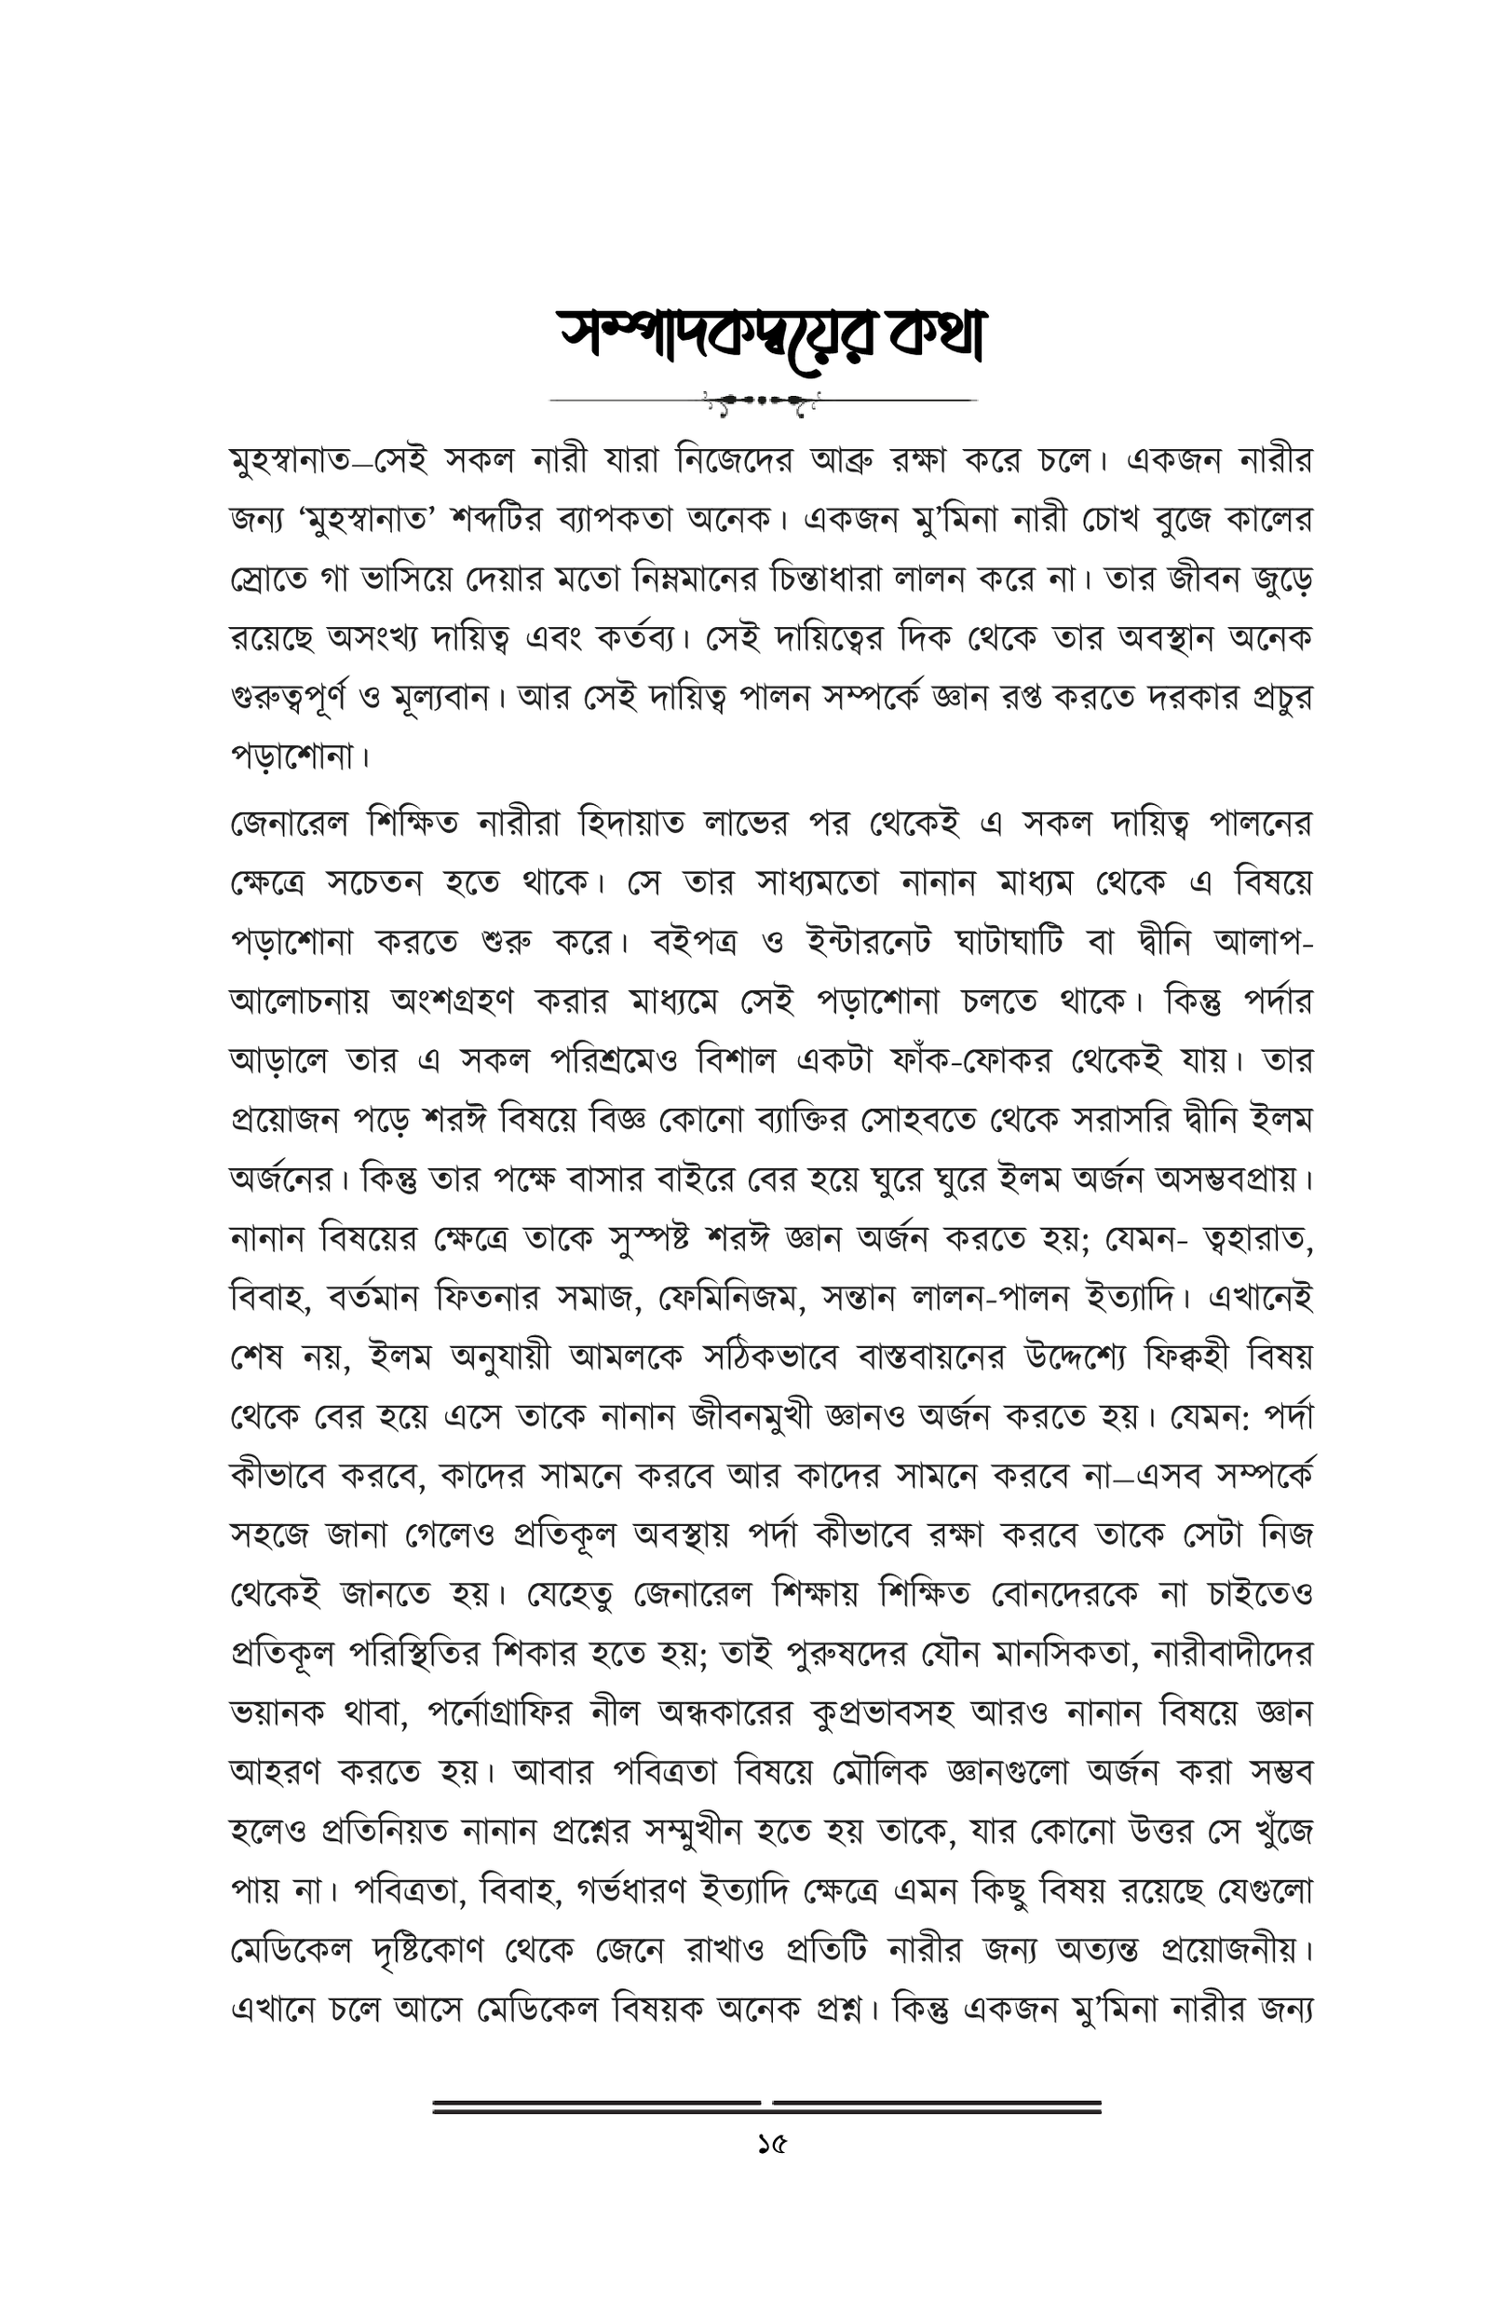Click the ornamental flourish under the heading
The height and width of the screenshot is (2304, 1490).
pos(763,400)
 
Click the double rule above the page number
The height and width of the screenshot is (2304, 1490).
pos(766,2106)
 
